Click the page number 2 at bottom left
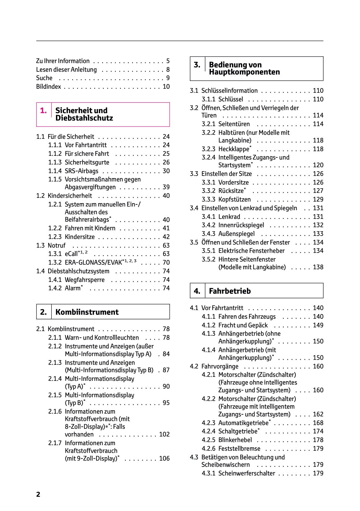(38, 494)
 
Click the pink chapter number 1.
(44, 110)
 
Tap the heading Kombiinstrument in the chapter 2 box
(87, 312)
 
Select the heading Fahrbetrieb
(230, 291)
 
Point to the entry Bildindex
(49, 87)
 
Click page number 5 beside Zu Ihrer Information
(168, 61)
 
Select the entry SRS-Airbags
(81, 171)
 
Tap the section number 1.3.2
(55, 262)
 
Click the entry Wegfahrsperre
(85, 280)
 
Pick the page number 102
(164, 434)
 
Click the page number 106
(164, 458)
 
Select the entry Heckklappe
(234, 149)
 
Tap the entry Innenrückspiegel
(237, 225)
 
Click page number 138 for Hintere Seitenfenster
(318, 267)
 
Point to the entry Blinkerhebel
(235, 440)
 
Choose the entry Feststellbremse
(239, 449)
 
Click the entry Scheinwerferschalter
(247, 473)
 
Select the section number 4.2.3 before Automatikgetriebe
(209, 423)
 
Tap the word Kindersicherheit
(70, 196)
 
